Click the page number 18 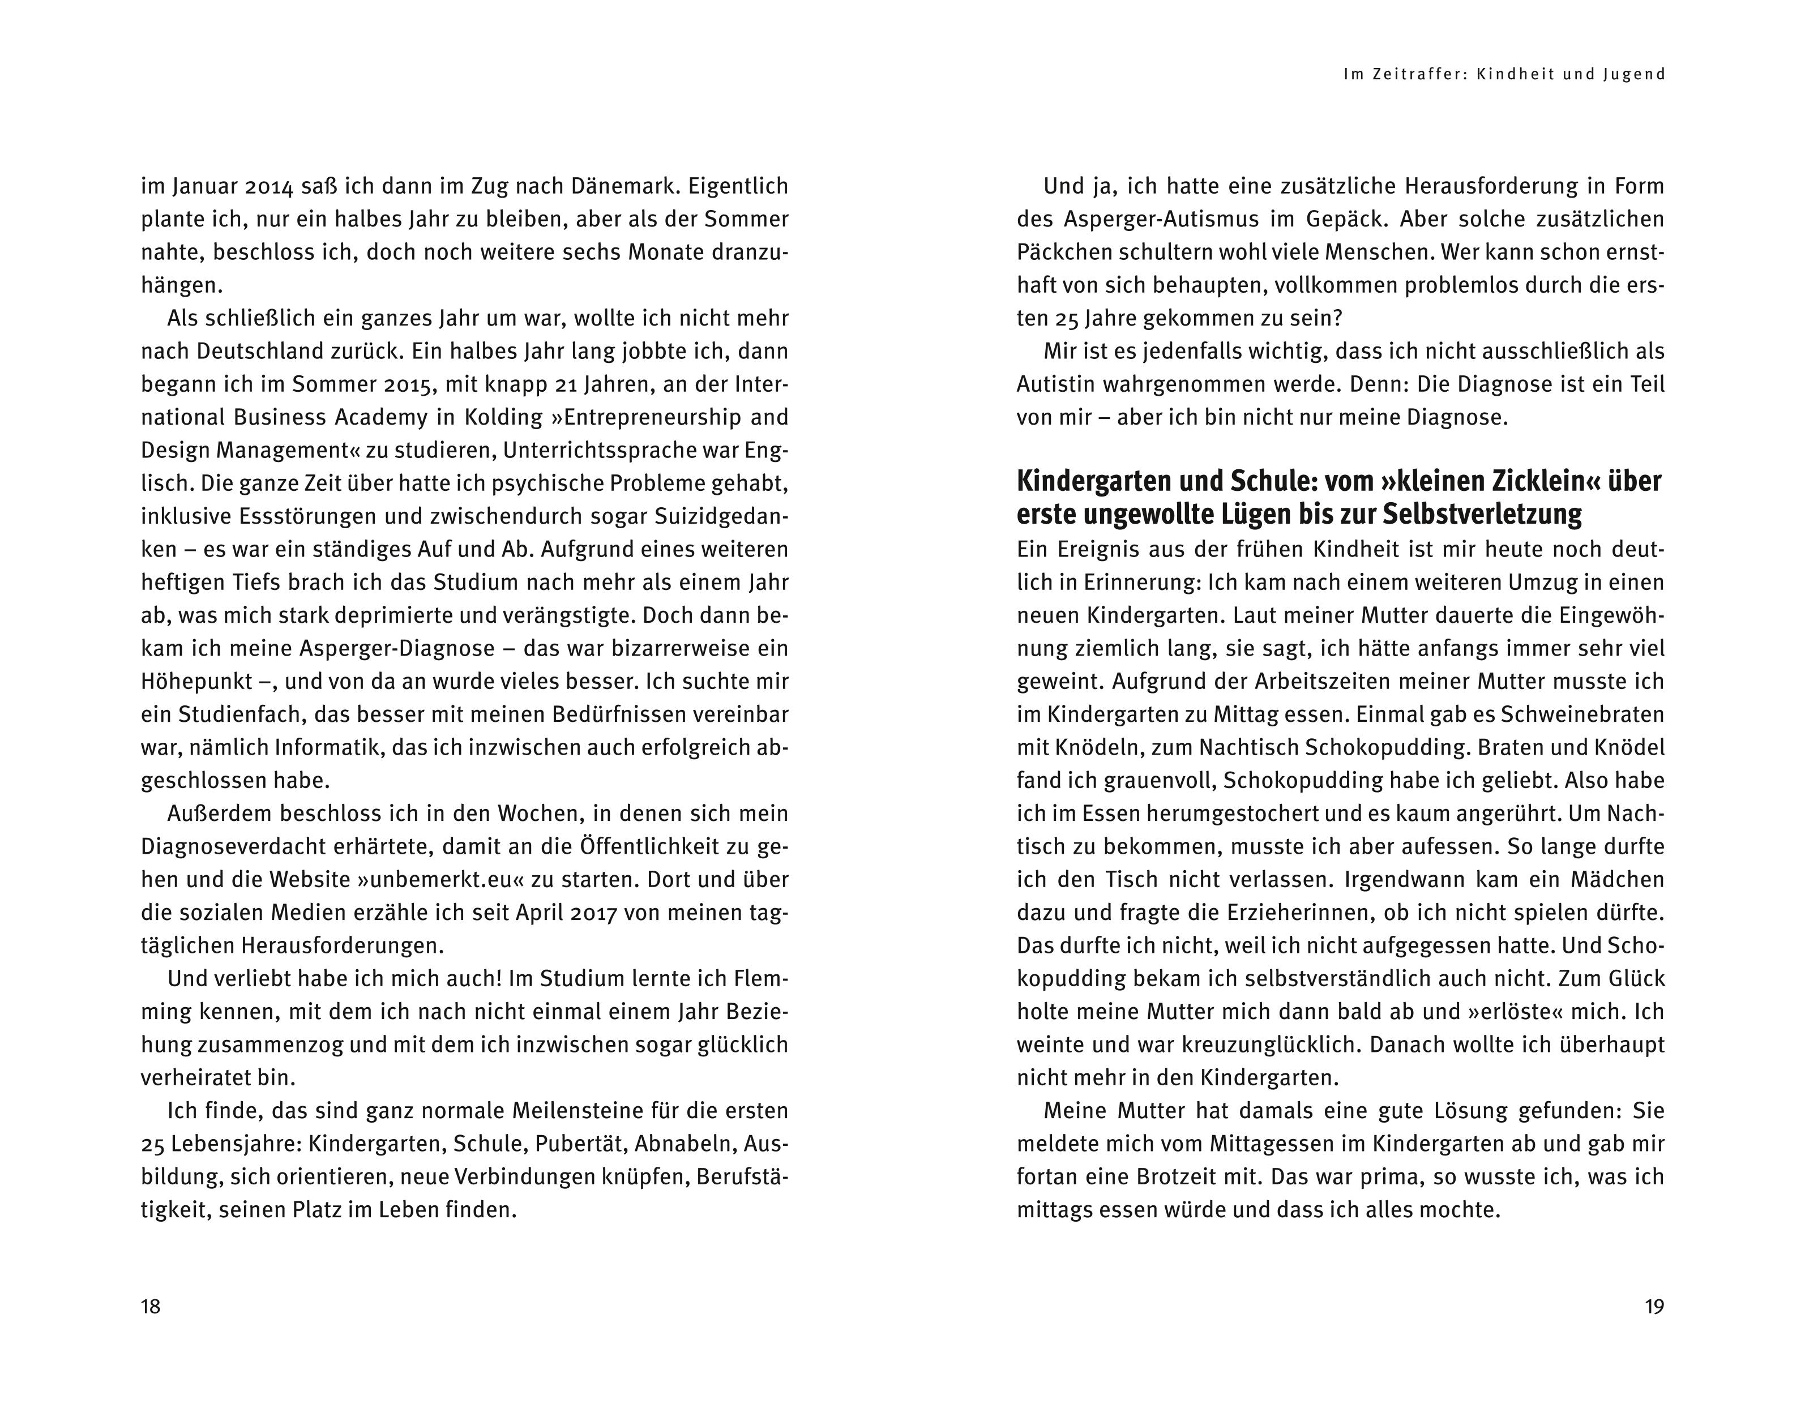click(x=151, y=1307)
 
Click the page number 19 click(x=1654, y=1307)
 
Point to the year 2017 click(x=589, y=913)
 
